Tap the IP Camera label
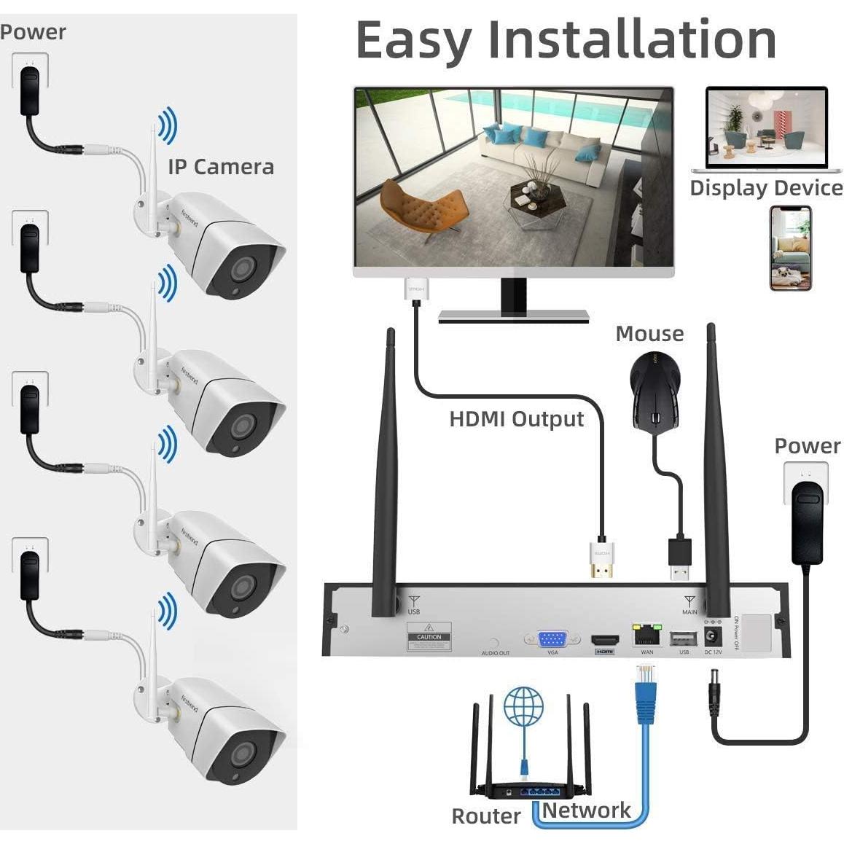click(221, 167)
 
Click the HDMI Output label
click(516, 419)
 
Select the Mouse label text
click(649, 334)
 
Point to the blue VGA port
click(553, 639)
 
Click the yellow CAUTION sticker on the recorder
click(429, 636)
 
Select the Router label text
click(486, 816)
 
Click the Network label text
click(586, 810)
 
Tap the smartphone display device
click(791, 249)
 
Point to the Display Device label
click(766, 188)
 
